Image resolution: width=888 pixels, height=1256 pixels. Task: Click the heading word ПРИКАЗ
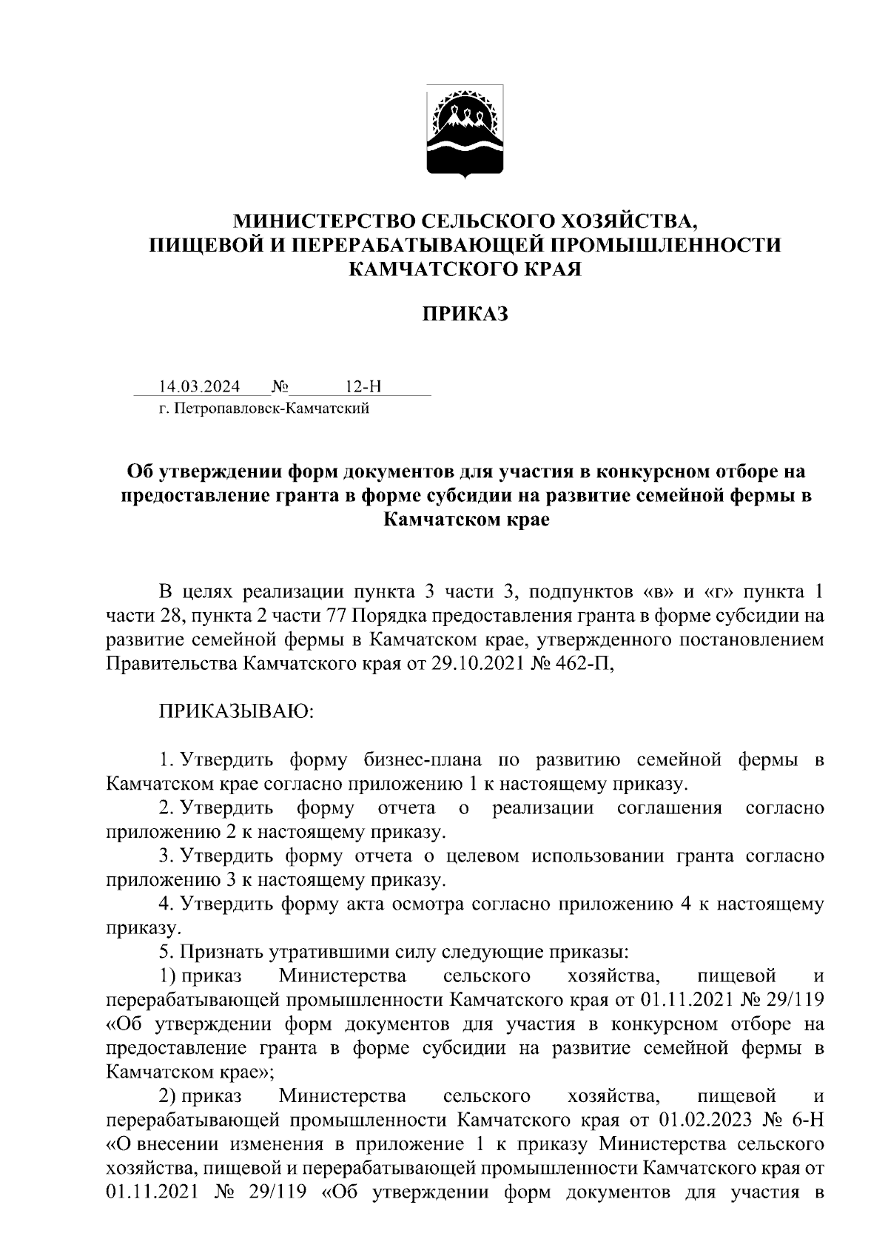pos(465,315)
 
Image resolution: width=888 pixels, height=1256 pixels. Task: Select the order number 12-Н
pos(363,387)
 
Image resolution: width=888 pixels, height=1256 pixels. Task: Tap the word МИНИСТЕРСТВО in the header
pos(324,221)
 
